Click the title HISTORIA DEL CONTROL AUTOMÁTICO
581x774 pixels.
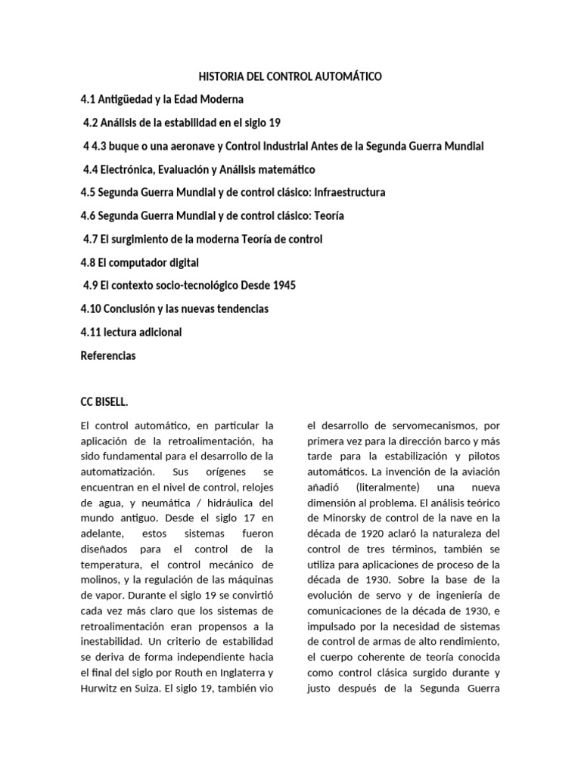290,76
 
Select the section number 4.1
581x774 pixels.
89,100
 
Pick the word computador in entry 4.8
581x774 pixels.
147,262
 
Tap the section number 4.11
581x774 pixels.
92,333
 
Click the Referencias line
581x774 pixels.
108,355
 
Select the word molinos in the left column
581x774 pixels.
99,580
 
